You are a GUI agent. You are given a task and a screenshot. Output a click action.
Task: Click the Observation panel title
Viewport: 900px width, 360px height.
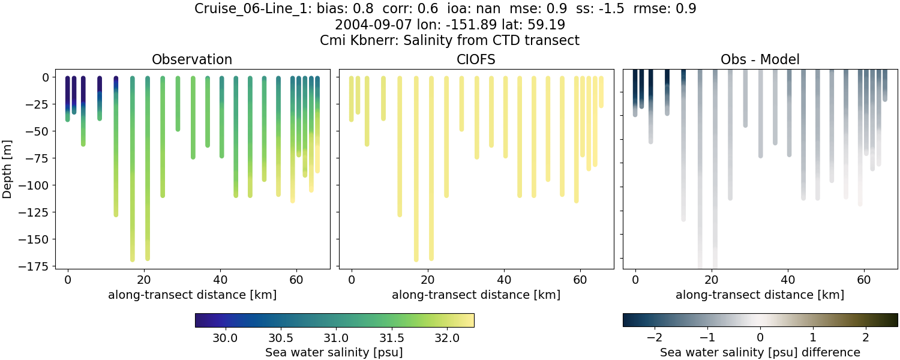point(192,59)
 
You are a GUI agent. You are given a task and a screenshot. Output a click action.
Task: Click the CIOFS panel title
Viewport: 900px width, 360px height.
point(476,59)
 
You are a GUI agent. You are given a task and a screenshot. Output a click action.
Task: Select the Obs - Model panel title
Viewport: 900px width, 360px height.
point(760,59)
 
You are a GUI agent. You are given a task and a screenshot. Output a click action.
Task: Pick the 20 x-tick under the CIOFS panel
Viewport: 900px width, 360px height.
point(428,280)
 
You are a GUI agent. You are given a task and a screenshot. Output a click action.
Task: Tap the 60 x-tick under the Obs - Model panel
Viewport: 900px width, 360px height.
point(864,280)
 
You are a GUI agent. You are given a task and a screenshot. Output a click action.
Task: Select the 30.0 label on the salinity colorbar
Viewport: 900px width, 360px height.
point(225,338)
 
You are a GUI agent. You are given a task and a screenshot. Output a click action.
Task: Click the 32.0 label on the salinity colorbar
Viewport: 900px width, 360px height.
point(446,338)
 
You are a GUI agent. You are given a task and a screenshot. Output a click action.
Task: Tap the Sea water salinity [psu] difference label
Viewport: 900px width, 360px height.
point(760,352)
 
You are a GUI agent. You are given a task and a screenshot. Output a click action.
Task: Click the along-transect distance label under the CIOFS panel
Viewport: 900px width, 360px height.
point(476,295)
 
